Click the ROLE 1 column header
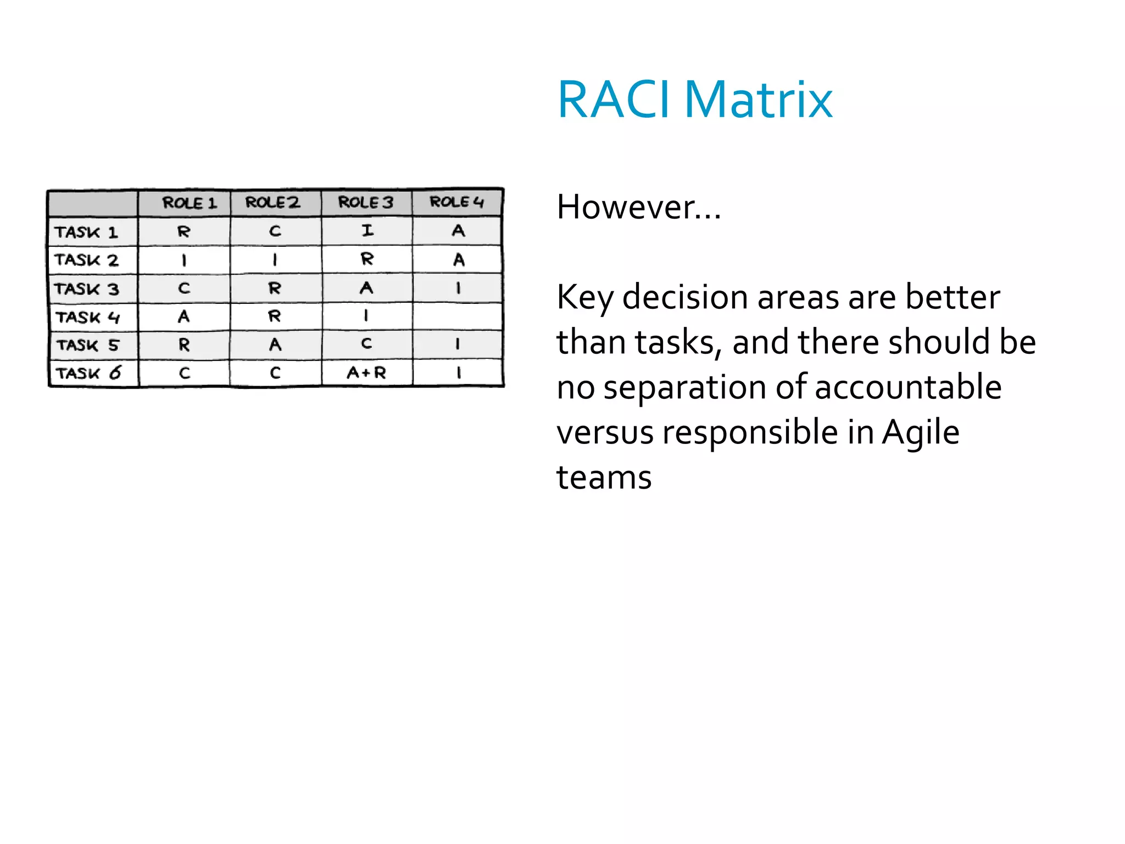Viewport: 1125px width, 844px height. [189, 203]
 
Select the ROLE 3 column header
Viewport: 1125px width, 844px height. [366, 202]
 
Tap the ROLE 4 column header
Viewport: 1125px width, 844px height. [456, 202]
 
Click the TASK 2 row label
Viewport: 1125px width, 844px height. [86, 260]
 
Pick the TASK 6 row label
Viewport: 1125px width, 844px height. [88, 373]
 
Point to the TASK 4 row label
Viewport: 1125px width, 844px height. [88, 317]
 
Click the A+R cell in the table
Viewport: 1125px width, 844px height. [366, 373]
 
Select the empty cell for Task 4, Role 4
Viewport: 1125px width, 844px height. [457, 316]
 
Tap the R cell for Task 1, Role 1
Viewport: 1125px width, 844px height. [183, 231]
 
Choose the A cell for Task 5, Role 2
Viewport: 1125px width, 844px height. [275, 345]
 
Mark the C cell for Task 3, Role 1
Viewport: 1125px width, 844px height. [184, 288]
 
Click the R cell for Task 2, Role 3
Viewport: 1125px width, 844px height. [367, 259]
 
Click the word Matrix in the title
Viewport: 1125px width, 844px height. [758, 100]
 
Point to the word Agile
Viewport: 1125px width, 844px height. [921, 432]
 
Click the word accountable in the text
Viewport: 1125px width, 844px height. [908, 387]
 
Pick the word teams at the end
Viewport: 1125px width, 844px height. [604, 477]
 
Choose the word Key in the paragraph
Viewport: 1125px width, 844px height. [584, 298]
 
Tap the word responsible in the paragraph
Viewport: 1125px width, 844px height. [750, 432]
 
